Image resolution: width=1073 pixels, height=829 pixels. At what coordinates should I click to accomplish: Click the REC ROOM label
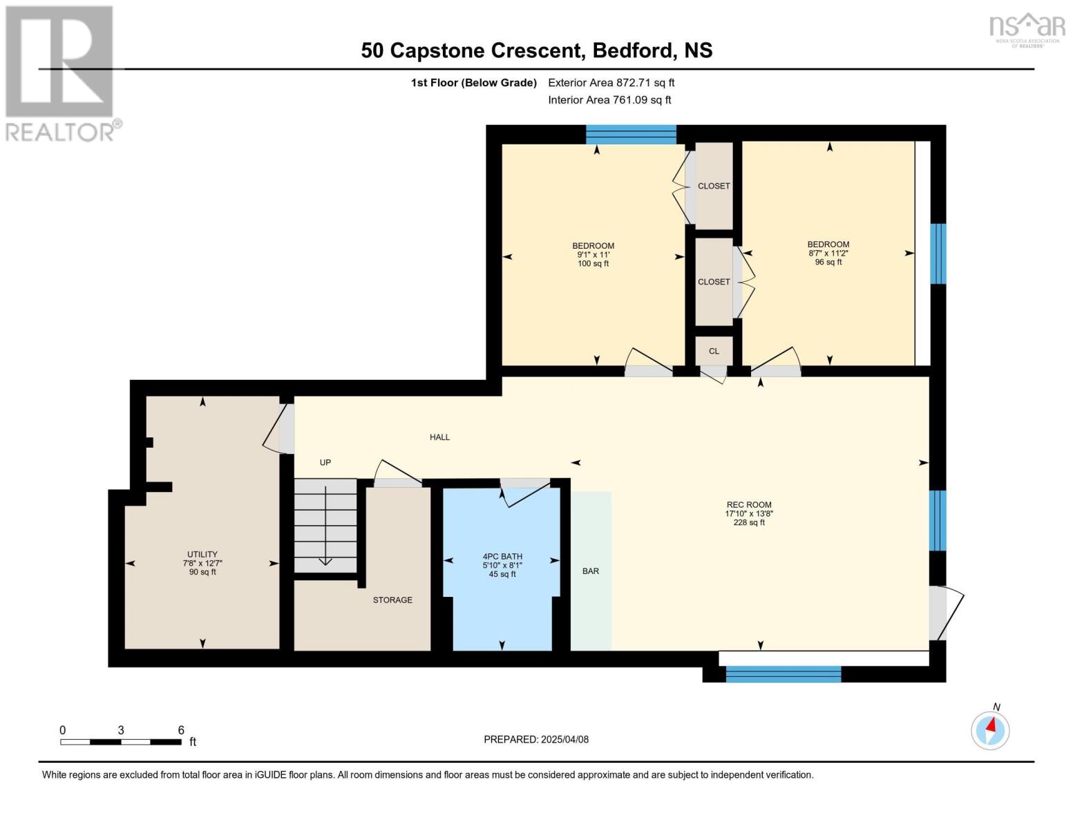[748, 504]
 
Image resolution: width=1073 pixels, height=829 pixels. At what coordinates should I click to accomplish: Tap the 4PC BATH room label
[502, 556]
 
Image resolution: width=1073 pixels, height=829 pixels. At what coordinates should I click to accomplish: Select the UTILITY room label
[202, 554]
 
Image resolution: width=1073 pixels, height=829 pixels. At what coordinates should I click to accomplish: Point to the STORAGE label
[392, 600]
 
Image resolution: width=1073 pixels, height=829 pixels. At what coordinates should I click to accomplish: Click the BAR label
[591, 571]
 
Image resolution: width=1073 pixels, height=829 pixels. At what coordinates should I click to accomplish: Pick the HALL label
[439, 437]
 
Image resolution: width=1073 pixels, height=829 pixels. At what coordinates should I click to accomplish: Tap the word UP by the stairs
[325, 463]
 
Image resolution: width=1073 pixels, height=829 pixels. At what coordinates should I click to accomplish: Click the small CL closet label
[714, 351]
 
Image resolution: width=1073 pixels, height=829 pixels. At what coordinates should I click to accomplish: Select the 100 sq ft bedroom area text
[593, 264]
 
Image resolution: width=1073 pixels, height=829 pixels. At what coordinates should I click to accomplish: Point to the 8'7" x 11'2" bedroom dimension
[828, 254]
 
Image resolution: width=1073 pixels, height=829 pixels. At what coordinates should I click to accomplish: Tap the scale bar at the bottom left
[121, 741]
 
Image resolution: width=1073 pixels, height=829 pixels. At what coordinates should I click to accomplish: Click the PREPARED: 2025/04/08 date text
[536, 740]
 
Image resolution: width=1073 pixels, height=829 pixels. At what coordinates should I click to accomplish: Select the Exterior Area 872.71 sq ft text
[611, 82]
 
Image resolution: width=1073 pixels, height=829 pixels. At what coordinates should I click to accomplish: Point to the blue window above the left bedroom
[631, 134]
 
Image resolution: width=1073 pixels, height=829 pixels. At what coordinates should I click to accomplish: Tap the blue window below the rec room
[783, 674]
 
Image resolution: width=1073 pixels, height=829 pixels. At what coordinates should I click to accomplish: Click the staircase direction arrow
[325, 526]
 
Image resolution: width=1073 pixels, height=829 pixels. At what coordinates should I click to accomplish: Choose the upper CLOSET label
[714, 186]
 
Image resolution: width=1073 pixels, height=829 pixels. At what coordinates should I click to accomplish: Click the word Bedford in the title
[633, 50]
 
